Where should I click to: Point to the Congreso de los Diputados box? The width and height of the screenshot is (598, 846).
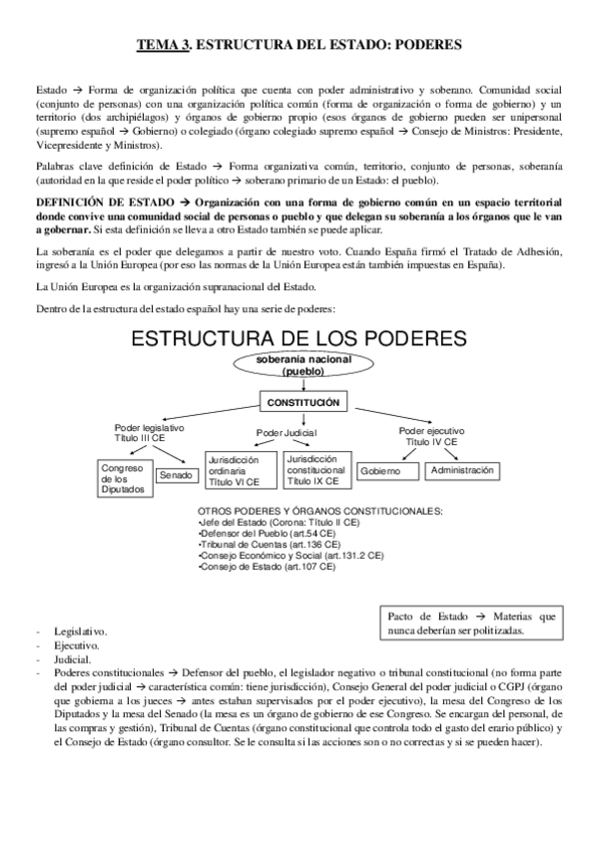(x=123, y=478)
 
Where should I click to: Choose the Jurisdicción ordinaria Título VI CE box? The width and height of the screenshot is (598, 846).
(x=237, y=470)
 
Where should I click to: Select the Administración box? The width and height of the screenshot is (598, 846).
(x=461, y=469)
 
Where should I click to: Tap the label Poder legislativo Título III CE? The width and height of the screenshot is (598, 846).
(x=149, y=432)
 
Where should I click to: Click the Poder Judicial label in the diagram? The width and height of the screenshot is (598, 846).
(x=287, y=433)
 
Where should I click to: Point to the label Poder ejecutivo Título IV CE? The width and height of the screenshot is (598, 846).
(x=432, y=435)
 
